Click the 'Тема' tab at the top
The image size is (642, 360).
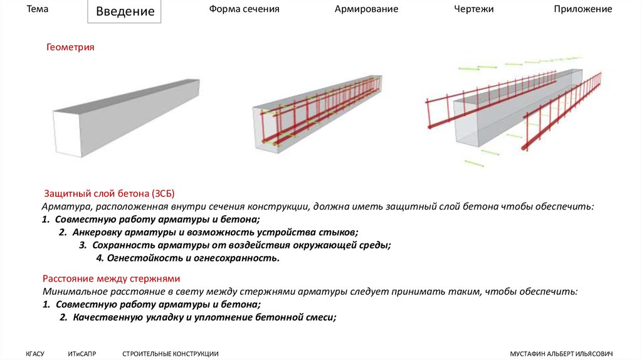point(37,9)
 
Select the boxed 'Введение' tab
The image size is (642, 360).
point(125,11)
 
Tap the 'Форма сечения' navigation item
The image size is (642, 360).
point(244,9)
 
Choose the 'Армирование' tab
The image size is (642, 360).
point(366,9)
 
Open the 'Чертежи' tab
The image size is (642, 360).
point(474,9)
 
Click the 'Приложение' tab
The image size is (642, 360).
point(583,9)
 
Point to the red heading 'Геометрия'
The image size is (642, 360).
point(70,47)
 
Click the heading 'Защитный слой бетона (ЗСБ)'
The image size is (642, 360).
point(109,193)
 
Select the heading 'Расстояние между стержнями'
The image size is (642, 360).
point(112,278)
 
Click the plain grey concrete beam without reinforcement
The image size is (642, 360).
point(126,117)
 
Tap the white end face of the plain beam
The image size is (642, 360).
point(68,134)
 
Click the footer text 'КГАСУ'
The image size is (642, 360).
point(35,354)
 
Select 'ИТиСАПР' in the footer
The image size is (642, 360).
point(82,354)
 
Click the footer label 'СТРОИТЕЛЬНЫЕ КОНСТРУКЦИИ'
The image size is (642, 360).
point(171,354)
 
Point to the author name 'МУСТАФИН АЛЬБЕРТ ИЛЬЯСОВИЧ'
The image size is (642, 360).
point(561,354)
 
